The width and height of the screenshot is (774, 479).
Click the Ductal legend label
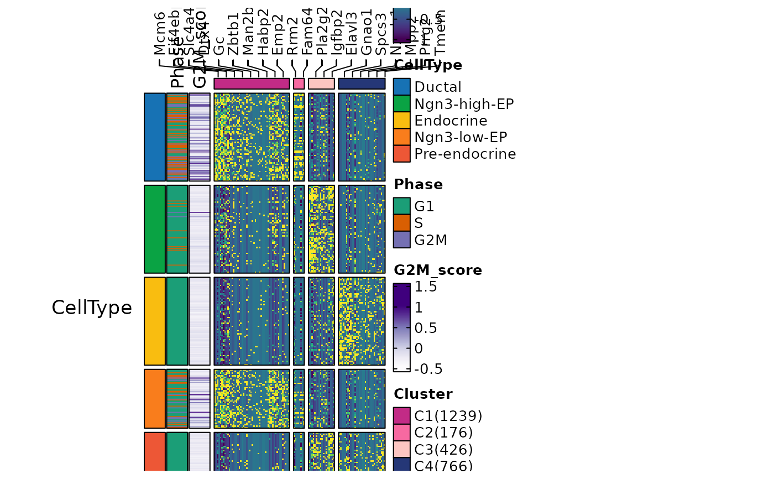click(x=437, y=87)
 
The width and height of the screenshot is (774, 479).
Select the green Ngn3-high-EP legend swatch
click(x=402, y=103)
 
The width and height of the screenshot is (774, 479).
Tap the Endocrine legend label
click(x=451, y=121)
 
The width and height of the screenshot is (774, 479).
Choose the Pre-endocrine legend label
click(x=465, y=154)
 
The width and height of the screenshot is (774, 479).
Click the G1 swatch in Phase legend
click(x=402, y=206)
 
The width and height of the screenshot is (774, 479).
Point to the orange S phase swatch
click(x=402, y=222)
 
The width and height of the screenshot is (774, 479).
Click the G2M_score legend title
click(x=438, y=270)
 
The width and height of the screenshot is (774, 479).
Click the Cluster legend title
click(x=423, y=394)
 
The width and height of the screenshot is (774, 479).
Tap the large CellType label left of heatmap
click(x=92, y=308)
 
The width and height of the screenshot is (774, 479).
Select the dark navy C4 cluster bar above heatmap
click(x=362, y=84)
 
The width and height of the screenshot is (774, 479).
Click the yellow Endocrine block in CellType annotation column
click(x=155, y=321)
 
